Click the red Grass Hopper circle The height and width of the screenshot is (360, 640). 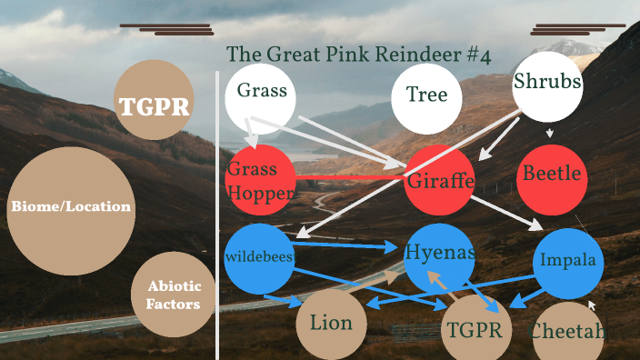(260, 179)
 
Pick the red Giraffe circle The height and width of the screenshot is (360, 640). (440, 179)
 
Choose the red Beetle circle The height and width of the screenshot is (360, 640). (552, 175)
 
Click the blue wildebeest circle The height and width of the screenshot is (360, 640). (259, 258)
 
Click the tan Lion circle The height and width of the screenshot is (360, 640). (331, 324)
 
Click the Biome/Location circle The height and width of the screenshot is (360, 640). (71, 207)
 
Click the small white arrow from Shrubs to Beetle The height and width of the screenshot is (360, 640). (549, 133)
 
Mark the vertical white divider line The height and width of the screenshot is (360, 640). (217, 209)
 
